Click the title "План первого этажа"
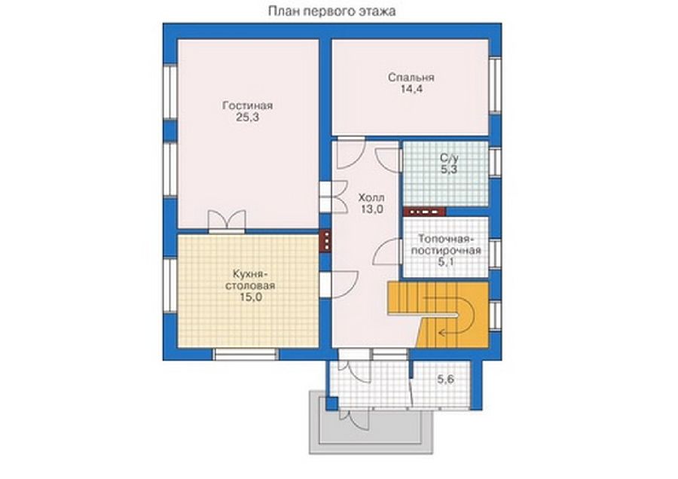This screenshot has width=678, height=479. click(331, 11)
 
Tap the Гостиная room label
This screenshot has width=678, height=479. click(247, 105)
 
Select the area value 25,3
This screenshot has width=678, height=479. click(247, 117)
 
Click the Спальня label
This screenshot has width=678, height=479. click(411, 78)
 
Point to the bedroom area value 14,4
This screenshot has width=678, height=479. click(411, 90)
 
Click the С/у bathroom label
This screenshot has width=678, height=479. click(449, 158)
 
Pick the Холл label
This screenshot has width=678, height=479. click(371, 198)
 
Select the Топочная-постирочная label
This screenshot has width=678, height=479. click(446, 245)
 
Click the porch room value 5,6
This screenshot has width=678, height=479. click(445, 380)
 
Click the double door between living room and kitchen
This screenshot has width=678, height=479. click(227, 221)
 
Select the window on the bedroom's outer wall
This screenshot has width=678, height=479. click(495, 85)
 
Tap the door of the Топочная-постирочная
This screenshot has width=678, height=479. click(387, 252)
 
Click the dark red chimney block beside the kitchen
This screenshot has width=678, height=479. click(325, 241)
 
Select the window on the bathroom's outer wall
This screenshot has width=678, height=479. click(495, 162)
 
